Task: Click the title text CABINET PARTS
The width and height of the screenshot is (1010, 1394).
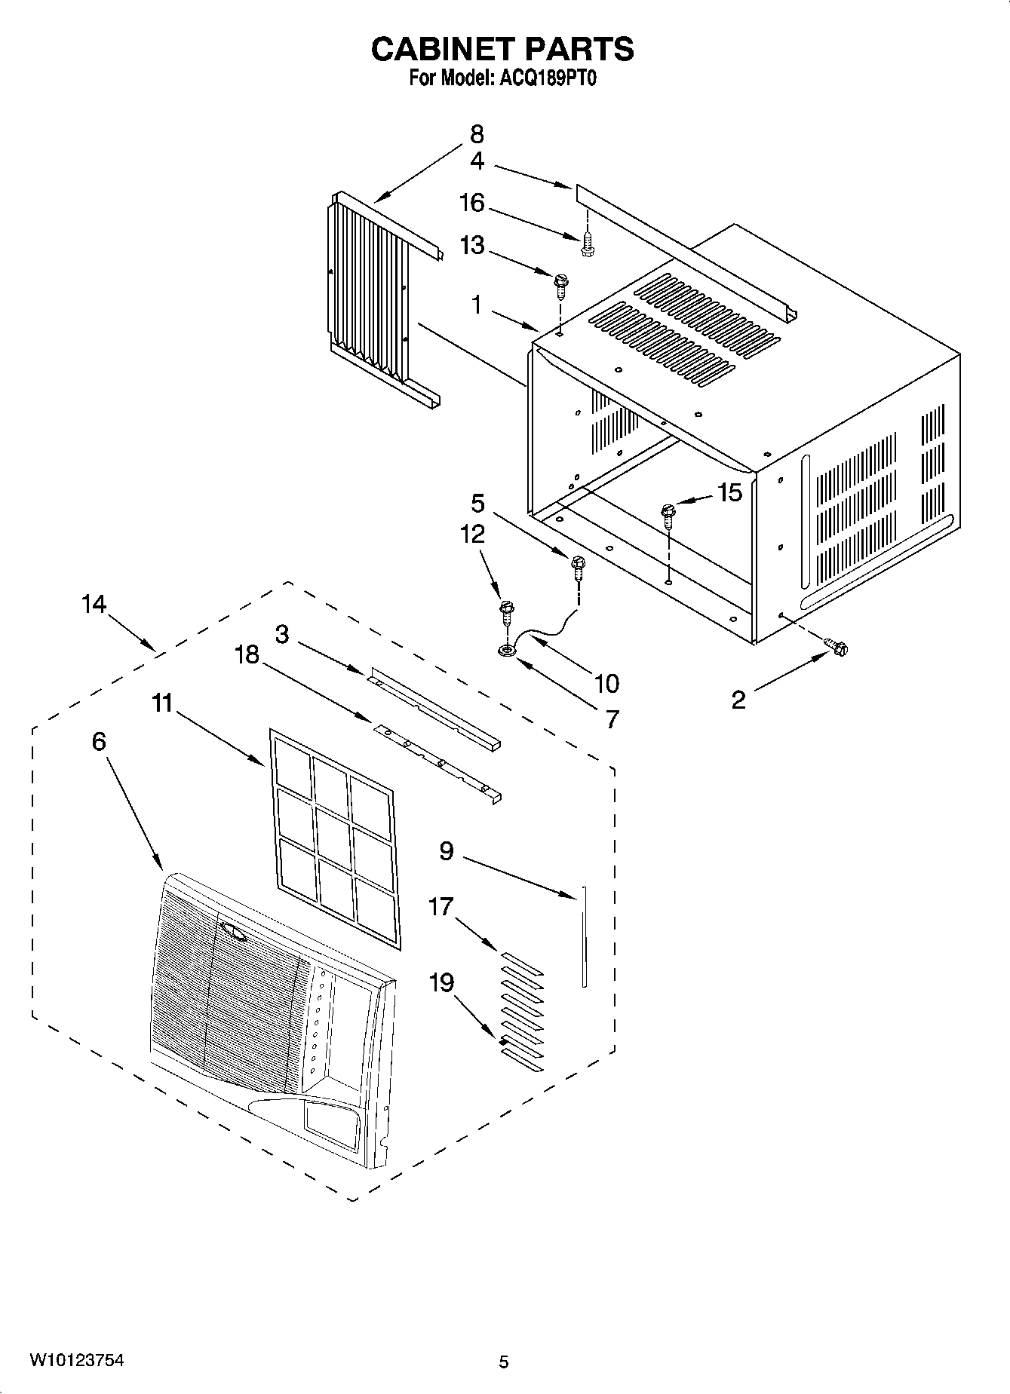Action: pyautogui.click(x=502, y=49)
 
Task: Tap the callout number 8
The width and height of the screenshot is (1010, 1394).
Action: pyautogui.click(x=477, y=135)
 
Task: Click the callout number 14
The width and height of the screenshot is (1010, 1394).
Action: pyautogui.click(x=94, y=605)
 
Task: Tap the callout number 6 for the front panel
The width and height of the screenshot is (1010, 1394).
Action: pyautogui.click(x=99, y=742)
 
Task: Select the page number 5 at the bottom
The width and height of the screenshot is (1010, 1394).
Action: pyautogui.click(x=504, y=1362)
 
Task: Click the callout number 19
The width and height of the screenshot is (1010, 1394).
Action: pyautogui.click(x=441, y=983)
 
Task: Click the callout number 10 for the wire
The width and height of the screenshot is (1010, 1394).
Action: pyautogui.click(x=606, y=684)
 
